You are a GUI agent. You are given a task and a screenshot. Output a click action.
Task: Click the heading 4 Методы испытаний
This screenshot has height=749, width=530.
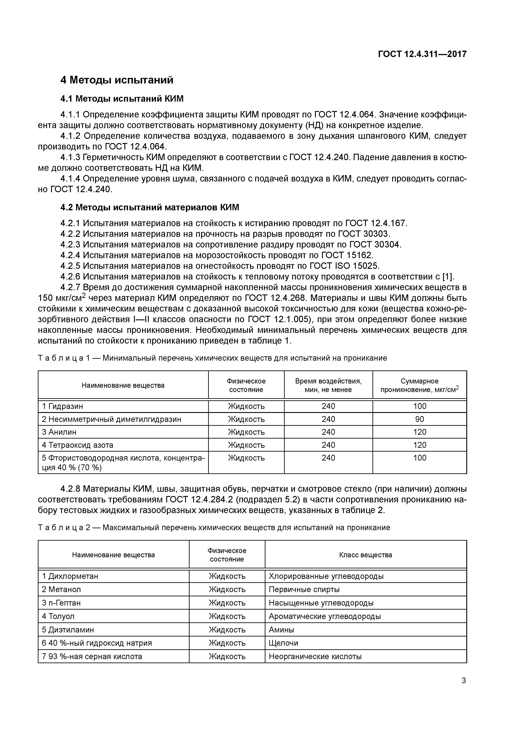click(x=117, y=80)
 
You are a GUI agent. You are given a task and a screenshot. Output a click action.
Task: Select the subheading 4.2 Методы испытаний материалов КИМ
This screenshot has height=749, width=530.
click(x=150, y=208)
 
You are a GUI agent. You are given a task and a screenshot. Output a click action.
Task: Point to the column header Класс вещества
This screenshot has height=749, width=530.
click(x=365, y=555)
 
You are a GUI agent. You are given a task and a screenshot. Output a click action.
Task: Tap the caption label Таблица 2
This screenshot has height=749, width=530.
click(x=64, y=528)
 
